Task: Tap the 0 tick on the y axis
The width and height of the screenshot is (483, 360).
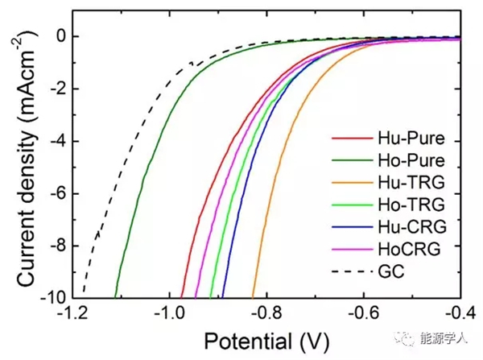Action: point(60,36)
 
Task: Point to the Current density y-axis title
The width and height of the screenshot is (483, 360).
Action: point(19,164)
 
